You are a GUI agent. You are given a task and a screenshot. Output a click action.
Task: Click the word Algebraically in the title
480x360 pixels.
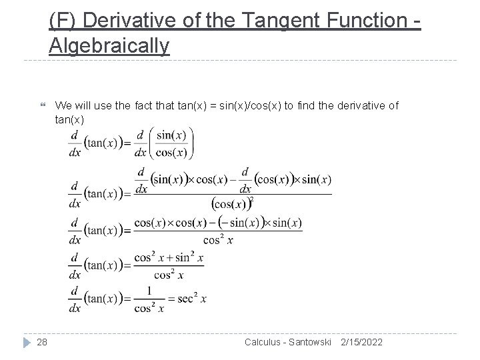tap(109, 46)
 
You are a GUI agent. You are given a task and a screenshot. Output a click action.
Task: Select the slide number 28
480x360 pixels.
tap(42, 342)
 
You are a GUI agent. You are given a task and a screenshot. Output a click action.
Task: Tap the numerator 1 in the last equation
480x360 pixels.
tap(150, 291)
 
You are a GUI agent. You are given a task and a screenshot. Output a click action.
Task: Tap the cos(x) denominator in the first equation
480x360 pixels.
tap(172, 152)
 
